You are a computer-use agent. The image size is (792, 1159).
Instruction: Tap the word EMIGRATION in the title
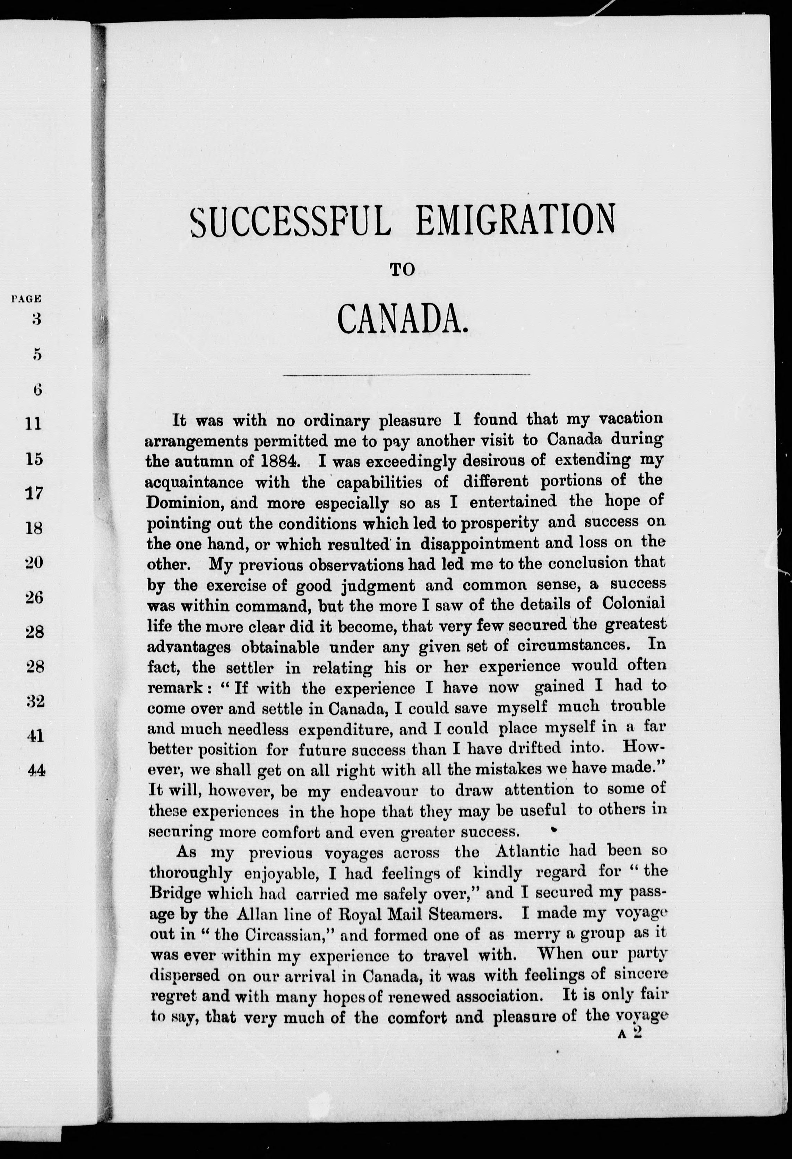(x=514, y=219)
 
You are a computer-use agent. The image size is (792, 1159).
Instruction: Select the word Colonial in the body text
(x=633, y=603)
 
